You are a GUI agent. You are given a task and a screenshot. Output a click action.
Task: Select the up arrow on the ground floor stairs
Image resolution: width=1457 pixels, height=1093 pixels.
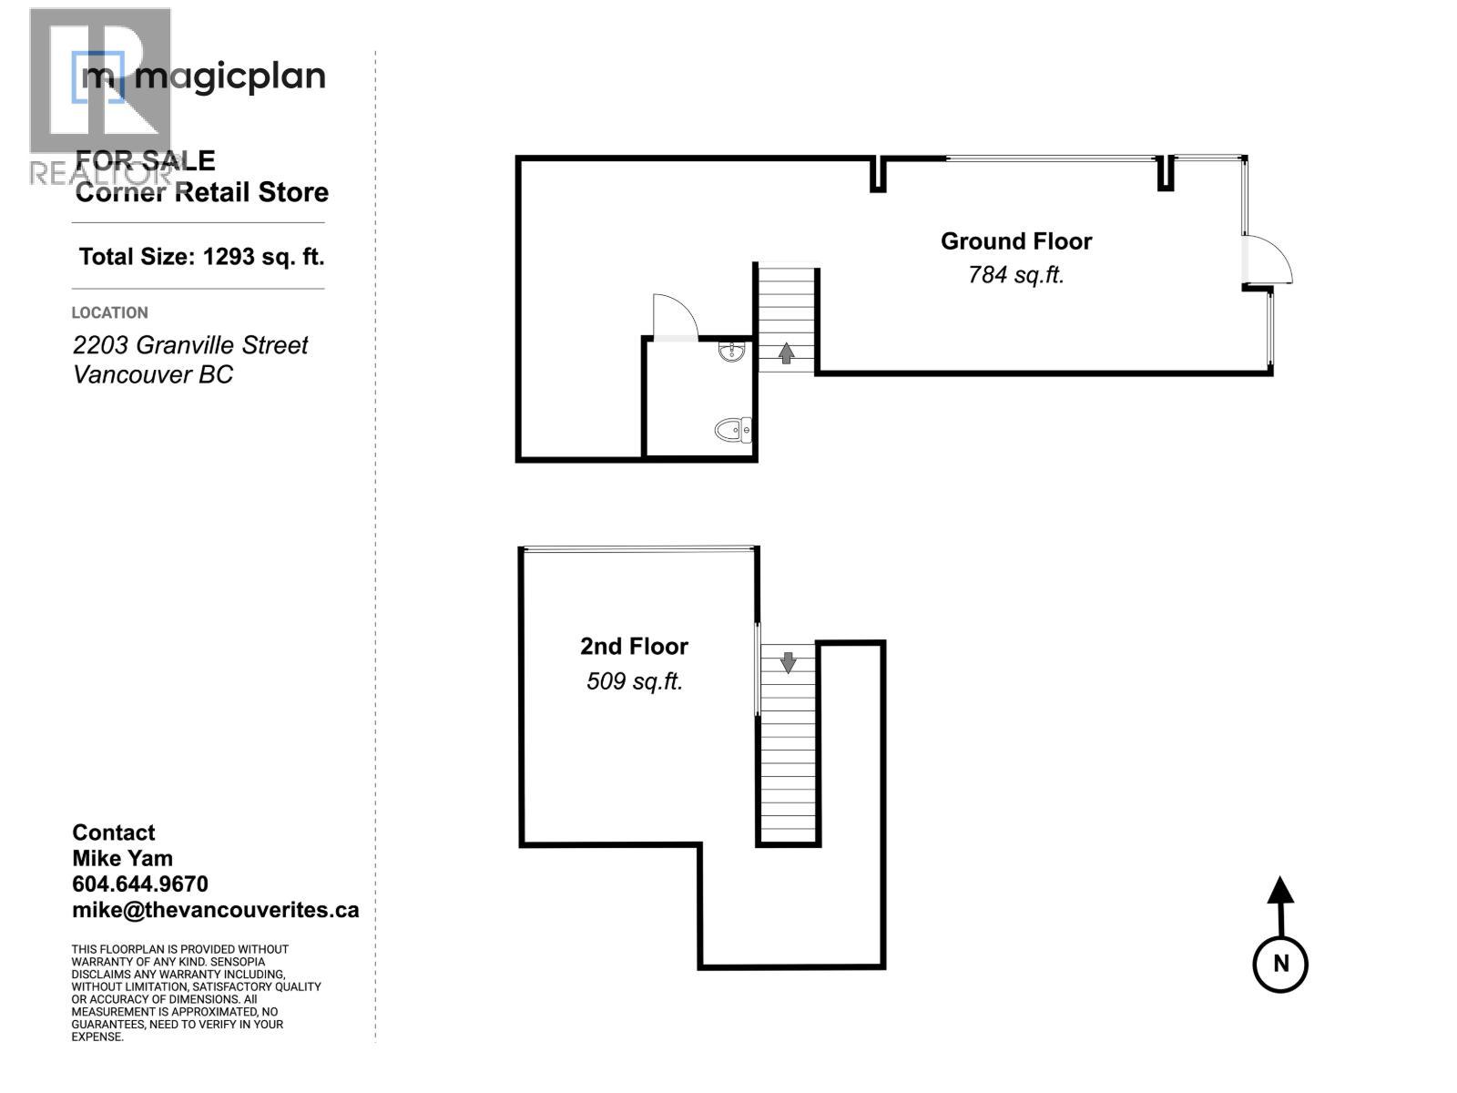pyautogui.click(x=787, y=352)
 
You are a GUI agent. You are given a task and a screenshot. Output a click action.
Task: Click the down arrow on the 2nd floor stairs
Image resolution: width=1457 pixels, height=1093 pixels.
pyautogui.click(x=788, y=662)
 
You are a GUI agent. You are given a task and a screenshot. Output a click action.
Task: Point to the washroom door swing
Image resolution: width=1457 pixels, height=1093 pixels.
pyautogui.click(x=676, y=317)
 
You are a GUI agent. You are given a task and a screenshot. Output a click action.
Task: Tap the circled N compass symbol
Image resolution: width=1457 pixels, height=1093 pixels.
pyautogui.click(x=1280, y=964)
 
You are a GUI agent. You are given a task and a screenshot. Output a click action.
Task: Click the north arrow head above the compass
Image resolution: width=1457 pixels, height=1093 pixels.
pyautogui.click(x=1280, y=889)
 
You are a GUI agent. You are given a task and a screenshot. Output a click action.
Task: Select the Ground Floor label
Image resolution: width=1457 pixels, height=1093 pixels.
pyautogui.click(x=1015, y=241)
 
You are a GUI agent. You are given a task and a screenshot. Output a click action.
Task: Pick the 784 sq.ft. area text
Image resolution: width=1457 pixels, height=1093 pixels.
pyautogui.click(x=1015, y=274)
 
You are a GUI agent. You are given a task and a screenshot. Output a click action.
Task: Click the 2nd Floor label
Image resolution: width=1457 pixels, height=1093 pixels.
pyautogui.click(x=634, y=647)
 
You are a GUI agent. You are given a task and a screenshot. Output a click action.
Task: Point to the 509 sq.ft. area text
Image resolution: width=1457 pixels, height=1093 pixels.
pyautogui.click(x=634, y=680)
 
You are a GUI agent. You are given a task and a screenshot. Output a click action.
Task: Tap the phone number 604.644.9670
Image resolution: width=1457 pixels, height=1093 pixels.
pyautogui.click(x=140, y=884)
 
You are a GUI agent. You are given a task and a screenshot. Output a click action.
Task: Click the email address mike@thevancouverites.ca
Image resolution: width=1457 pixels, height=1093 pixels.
pyautogui.click(x=215, y=910)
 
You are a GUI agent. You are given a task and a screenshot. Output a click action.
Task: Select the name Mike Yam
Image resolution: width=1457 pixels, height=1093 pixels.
pyautogui.click(x=122, y=859)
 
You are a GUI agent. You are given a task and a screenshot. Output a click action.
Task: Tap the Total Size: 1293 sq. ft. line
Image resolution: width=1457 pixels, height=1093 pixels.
pyautogui.click(x=201, y=257)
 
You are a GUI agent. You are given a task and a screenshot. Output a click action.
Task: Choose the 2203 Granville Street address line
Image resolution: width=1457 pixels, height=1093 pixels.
pyautogui.click(x=190, y=345)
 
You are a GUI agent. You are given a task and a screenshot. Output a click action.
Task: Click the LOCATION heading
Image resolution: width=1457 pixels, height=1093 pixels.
pyautogui.click(x=109, y=312)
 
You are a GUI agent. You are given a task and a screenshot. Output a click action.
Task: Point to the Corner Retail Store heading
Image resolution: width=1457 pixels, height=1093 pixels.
pyautogui.click(x=201, y=192)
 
